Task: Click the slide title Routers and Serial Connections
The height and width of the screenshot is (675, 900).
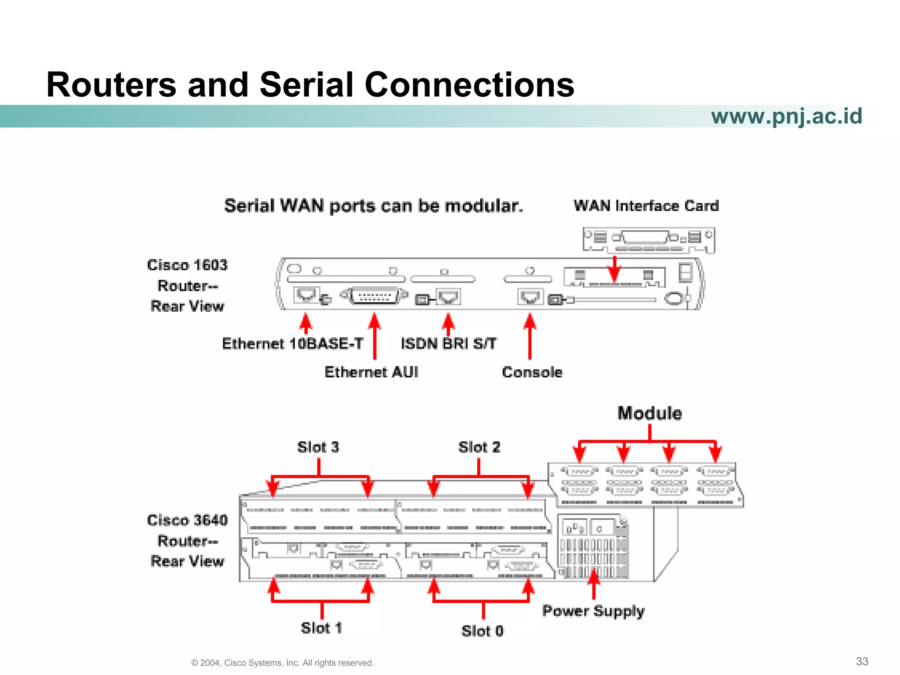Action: pos(310,84)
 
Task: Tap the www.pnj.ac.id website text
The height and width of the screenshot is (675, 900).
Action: pos(786,116)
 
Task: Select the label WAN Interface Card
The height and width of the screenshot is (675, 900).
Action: pos(646,206)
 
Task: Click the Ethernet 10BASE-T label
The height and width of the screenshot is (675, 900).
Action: pos(292,344)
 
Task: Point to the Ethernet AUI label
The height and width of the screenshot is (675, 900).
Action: pos(371,372)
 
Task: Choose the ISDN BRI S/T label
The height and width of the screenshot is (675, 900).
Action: pos(448,344)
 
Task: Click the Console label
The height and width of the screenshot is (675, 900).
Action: pos(532,372)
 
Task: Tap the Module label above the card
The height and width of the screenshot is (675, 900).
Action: pos(650,414)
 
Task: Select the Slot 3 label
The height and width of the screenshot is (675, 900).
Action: pos(318,447)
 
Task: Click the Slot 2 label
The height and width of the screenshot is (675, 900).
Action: pos(479,447)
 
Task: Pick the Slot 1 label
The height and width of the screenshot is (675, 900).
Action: pos(321,628)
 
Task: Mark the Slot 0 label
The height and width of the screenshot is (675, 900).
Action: pos(482,631)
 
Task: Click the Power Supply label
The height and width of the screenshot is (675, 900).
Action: pos(593,611)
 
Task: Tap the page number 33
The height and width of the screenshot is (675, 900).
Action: pos(862,661)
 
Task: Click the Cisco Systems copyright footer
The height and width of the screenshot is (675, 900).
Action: pos(282,663)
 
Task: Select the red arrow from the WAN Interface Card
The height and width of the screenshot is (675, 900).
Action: pos(614,269)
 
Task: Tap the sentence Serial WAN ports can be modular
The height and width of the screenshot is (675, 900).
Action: pos(374,206)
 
